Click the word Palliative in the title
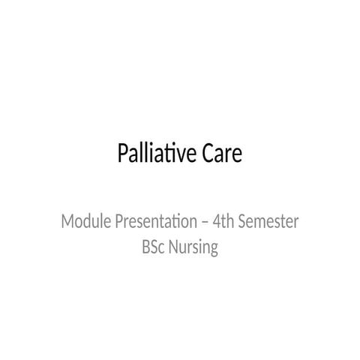[x=157, y=154]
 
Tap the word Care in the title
[x=222, y=154]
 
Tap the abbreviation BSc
[x=153, y=247]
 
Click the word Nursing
[x=194, y=247]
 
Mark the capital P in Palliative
[x=123, y=154]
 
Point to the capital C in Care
[x=208, y=154]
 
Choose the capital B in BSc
[x=145, y=247]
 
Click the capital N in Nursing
[x=175, y=247]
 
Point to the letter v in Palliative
[x=182, y=156]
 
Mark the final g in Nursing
[x=214, y=249]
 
